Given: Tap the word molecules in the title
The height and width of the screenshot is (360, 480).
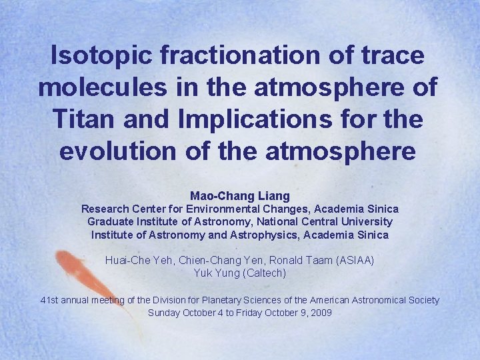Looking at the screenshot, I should click(103, 87).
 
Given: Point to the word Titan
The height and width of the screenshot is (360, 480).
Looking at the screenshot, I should click(81, 119).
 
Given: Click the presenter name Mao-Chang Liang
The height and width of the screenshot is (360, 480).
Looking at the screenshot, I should click(240, 196).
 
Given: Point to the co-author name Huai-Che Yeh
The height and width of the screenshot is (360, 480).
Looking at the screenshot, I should click(133, 260).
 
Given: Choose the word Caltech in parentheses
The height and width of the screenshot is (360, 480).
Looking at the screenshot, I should click(265, 273).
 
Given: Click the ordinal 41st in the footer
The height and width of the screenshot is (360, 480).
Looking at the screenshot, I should click(49, 300).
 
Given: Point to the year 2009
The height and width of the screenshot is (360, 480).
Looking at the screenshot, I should click(321, 313).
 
